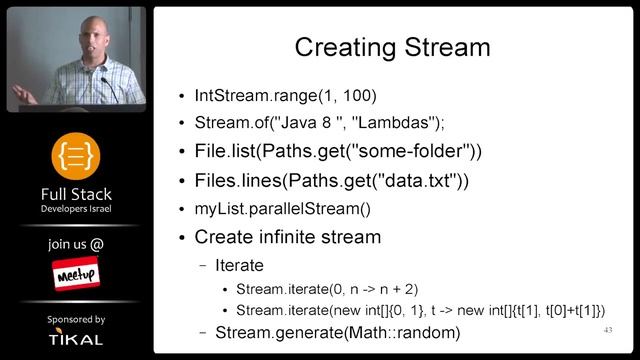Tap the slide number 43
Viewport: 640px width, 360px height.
tap(607, 330)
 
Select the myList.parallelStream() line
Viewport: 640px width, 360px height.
tap(282, 209)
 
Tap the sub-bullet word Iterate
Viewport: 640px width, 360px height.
tap(240, 267)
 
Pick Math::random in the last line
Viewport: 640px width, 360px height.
tap(401, 332)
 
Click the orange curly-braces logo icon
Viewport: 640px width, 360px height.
tap(76, 156)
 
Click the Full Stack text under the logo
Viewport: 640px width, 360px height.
tap(76, 194)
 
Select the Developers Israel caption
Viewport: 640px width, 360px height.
tap(76, 210)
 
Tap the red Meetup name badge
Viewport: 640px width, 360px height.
tap(76, 272)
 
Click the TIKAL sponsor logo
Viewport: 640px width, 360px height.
tap(76, 340)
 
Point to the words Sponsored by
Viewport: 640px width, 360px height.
tap(76, 319)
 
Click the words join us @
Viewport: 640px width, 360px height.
tap(76, 243)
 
